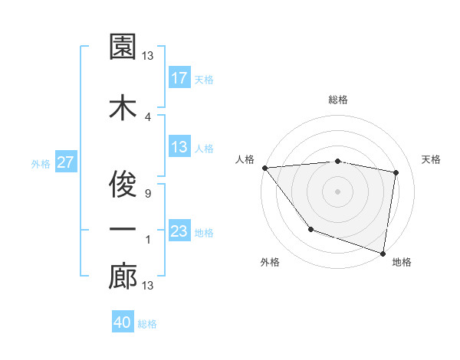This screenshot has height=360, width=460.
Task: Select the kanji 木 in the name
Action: point(123,108)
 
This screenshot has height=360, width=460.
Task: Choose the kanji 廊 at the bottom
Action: point(123,277)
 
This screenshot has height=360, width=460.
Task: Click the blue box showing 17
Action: point(179,77)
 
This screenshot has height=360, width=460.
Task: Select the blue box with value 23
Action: point(179,231)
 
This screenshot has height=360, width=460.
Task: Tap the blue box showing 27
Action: point(65,162)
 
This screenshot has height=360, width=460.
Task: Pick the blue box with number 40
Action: point(123,322)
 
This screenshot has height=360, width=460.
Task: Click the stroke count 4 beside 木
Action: point(147,117)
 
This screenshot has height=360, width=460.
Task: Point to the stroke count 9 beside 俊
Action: point(147,194)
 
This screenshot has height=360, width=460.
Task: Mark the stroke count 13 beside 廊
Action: point(147,286)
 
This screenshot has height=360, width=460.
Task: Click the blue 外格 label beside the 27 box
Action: point(41,163)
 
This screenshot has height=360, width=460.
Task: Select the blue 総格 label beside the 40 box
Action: point(147,324)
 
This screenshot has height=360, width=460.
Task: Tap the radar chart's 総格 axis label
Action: point(338,100)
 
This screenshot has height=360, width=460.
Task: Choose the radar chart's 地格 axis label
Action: point(402,262)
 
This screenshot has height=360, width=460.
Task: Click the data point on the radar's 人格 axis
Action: point(264,168)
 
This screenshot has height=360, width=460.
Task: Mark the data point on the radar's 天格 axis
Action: point(396,172)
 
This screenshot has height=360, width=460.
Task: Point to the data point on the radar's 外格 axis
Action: point(310,229)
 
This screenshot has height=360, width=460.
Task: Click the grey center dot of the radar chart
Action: point(338,191)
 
